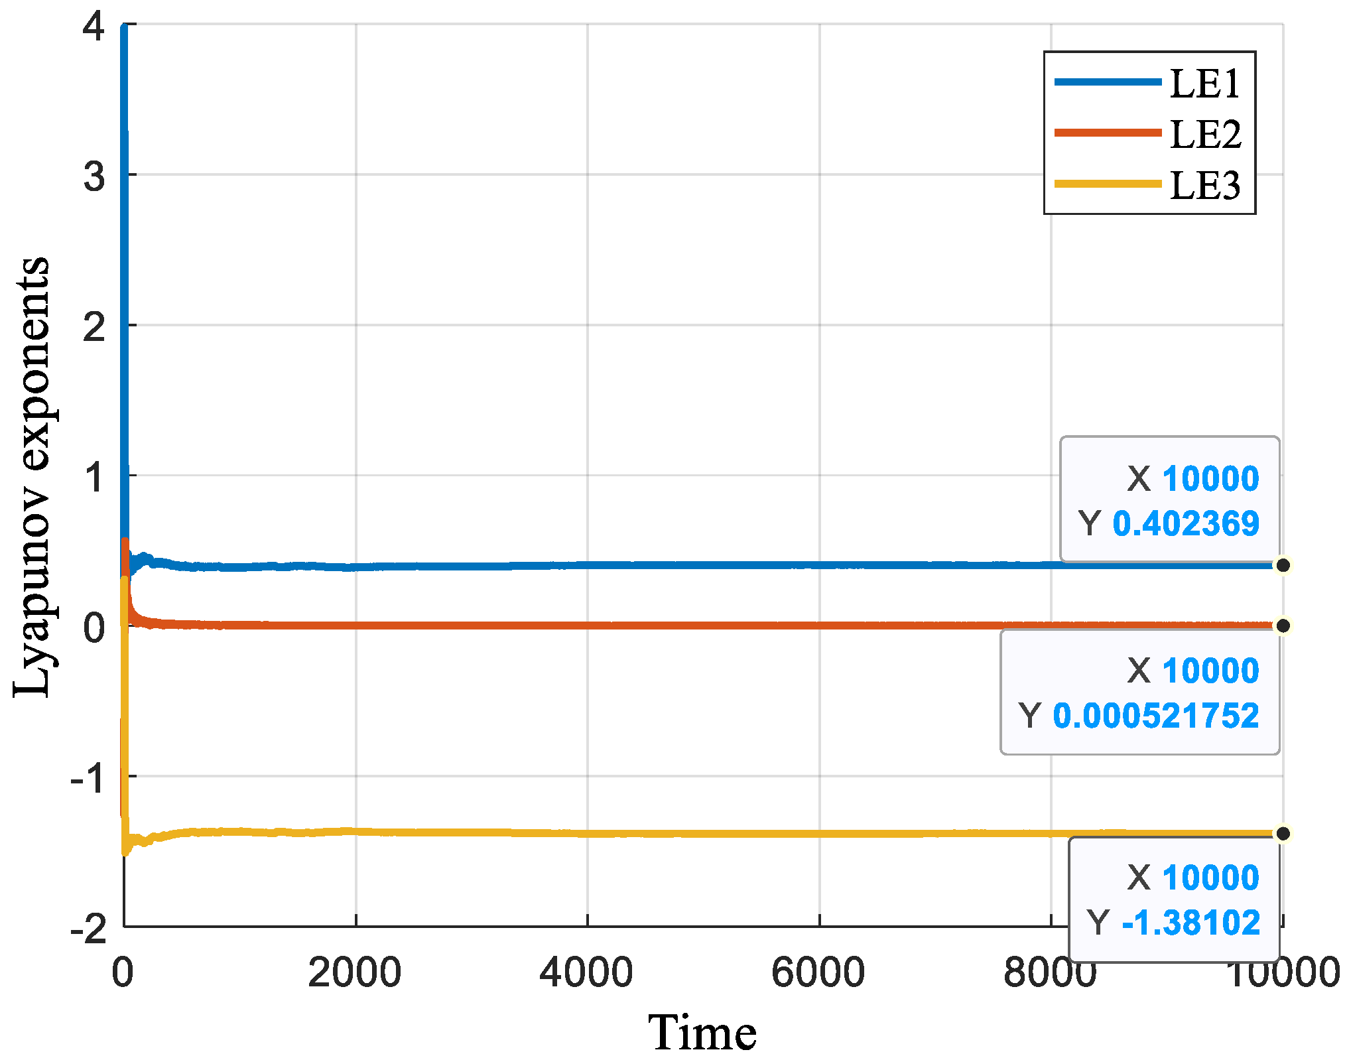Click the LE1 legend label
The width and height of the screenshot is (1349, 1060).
(x=1204, y=84)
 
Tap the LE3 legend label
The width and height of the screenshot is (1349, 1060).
(x=1204, y=185)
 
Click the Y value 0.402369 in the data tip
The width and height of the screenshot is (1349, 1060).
(x=1185, y=523)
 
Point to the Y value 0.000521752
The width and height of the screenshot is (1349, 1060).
(x=1155, y=716)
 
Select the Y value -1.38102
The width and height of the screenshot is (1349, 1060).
(x=1190, y=923)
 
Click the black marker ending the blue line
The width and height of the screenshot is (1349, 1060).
(x=1283, y=565)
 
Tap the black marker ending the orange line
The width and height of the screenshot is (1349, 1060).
(x=1283, y=626)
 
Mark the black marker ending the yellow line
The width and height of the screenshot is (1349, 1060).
(x=1283, y=833)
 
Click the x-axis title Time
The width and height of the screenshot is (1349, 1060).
(x=702, y=1033)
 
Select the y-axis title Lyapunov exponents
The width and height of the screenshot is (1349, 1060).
(x=32, y=476)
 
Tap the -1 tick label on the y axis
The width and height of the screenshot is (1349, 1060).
(x=88, y=778)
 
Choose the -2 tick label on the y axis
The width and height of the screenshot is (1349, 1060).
(x=88, y=929)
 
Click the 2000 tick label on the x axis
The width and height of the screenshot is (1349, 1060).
(x=355, y=972)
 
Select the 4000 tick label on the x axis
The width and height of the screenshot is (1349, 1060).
(x=586, y=972)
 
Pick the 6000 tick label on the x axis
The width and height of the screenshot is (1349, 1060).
(x=818, y=972)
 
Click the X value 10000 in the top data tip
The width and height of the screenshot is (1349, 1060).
(x=1210, y=478)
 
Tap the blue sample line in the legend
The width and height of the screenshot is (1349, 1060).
(x=1108, y=82)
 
